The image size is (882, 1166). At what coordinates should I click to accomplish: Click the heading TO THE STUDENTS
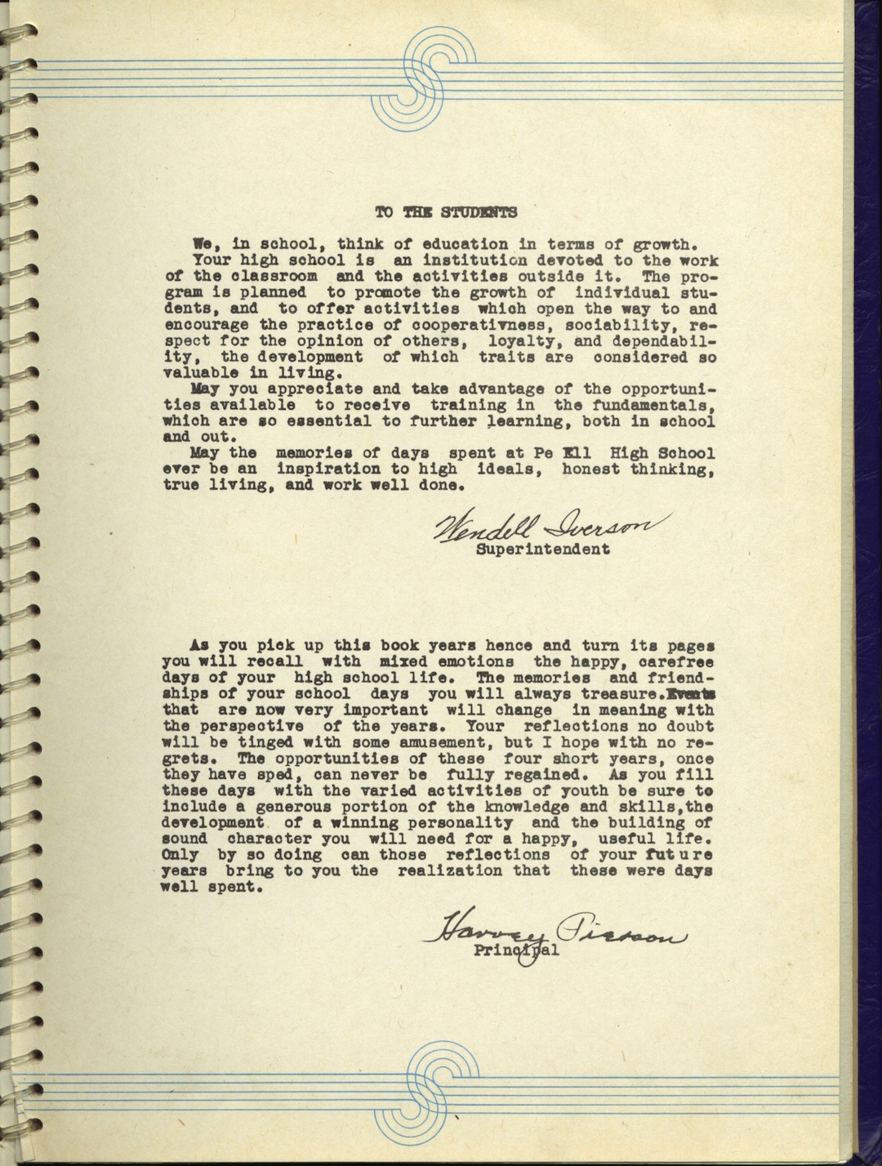(x=446, y=213)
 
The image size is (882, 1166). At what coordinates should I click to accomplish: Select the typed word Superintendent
(x=542, y=549)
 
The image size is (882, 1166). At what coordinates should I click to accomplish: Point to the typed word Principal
(x=516, y=950)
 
